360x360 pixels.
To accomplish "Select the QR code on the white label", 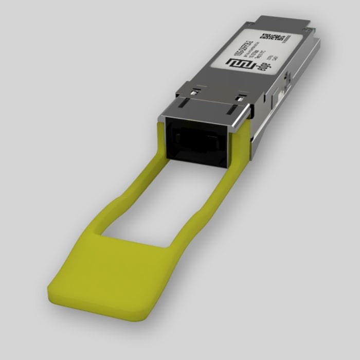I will pyautogui.click(x=271, y=39).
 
